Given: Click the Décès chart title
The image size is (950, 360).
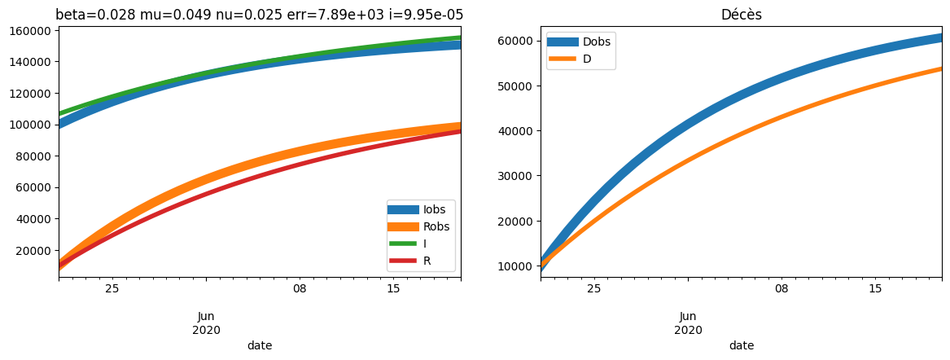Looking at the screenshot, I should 741,15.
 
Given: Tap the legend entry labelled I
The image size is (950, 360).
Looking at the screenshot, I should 426,244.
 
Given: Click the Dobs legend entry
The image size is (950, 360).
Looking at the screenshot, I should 597,42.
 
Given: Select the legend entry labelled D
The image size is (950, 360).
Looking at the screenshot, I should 587,59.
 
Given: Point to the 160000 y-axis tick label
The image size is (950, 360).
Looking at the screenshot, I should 30,31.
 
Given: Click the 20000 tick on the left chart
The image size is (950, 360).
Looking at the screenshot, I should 33,251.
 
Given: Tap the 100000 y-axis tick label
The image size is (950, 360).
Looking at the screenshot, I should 30,125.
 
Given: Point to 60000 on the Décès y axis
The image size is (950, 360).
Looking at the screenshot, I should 515,41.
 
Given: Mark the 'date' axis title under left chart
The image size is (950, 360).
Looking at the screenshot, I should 260,345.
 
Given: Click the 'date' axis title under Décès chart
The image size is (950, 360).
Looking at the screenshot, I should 742,345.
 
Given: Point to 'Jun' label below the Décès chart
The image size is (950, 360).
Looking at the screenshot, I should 688,317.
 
